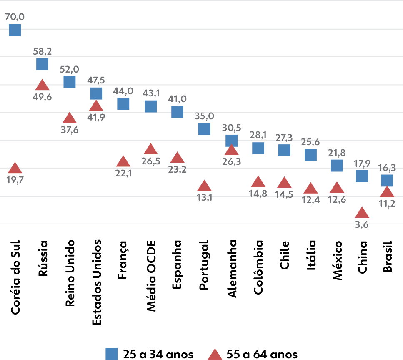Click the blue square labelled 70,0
pyautogui.click(x=15, y=30)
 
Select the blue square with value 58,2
pyautogui.click(x=42, y=64)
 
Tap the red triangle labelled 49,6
pyautogui.click(x=42, y=85)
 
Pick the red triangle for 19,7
pyautogui.click(x=15, y=168)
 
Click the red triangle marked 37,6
pyautogui.click(x=69, y=118)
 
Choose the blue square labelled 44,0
pyautogui.click(x=123, y=103)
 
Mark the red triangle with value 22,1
pyautogui.click(x=123, y=161)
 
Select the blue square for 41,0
pyautogui.click(x=178, y=112)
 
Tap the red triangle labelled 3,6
pyautogui.click(x=362, y=213)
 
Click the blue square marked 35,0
pyautogui.click(x=204, y=129)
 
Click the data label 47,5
pyautogui.click(x=96, y=80)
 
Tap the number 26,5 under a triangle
pyautogui.click(x=150, y=161)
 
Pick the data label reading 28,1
pyautogui.click(x=258, y=135)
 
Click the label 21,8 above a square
pyautogui.click(x=337, y=153)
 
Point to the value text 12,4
pyautogui.click(x=310, y=200)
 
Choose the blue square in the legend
pyautogui.click(x=112, y=354)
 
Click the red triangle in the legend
pyautogui.click(x=215, y=355)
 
